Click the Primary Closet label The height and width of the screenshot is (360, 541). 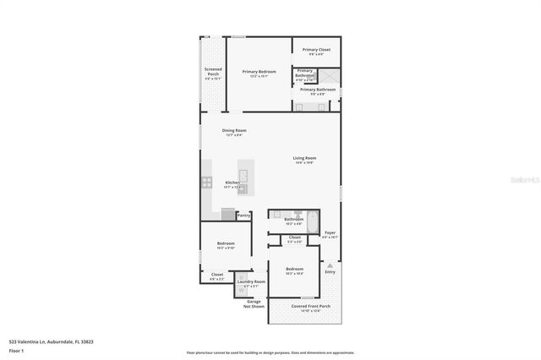316,51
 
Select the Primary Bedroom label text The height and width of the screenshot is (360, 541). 259,73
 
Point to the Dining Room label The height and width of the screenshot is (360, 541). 234,131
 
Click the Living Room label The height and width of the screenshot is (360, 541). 304,159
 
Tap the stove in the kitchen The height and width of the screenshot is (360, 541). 205,182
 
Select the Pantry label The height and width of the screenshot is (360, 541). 243,215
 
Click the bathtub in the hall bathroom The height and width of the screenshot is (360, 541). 313,223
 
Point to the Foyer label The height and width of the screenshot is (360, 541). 330,233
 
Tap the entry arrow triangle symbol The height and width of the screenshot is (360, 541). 330,264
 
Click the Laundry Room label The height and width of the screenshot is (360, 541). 252,282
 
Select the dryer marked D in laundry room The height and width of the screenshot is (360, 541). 241,278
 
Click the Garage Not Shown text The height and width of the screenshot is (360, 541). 254,303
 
